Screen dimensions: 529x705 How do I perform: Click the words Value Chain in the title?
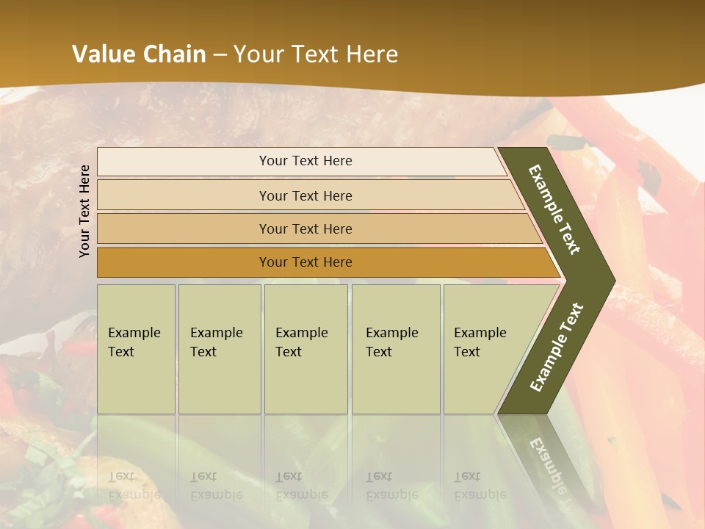point(139,54)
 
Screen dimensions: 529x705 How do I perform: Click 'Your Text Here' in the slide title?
point(317,54)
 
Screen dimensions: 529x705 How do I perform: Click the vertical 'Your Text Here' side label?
point(85,211)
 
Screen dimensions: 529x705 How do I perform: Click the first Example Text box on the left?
point(136,349)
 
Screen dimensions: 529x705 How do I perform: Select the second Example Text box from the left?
point(220,349)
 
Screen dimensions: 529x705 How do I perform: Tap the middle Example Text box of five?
point(305,349)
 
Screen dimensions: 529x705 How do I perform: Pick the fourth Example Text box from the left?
point(396,349)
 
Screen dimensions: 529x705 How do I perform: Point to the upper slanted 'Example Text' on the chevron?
point(554,209)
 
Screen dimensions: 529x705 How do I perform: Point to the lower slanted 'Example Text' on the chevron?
point(556,348)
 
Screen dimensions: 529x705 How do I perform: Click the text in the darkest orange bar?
point(305,262)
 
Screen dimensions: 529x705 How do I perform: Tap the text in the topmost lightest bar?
point(305,161)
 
